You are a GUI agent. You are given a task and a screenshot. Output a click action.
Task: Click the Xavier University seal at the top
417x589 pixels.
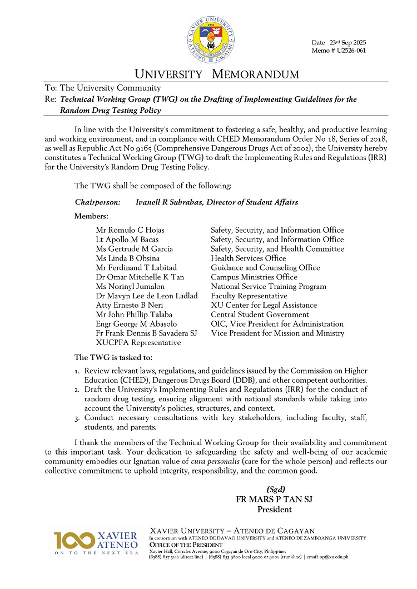click(x=211, y=41)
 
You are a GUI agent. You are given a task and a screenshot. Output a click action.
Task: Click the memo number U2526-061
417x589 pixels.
click(x=349, y=51)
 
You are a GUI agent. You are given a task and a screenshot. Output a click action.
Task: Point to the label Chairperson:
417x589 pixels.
click(x=97, y=202)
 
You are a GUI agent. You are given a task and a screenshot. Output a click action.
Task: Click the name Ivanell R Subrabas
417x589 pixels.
click(x=170, y=202)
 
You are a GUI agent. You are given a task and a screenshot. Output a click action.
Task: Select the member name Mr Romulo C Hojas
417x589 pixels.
click(x=130, y=230)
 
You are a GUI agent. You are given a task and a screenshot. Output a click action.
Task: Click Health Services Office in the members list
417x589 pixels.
click(x=249, y=258)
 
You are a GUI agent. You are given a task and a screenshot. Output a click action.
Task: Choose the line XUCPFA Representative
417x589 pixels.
click(x=138, y=343)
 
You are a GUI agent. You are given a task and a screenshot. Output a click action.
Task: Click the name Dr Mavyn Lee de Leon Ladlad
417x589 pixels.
click(x=147, y=296)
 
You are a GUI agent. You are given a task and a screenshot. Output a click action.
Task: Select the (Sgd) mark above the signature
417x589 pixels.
click(x=276, y=490)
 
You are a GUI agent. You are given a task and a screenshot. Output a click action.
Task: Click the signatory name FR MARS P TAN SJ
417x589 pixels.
click(x=275, y=500)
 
